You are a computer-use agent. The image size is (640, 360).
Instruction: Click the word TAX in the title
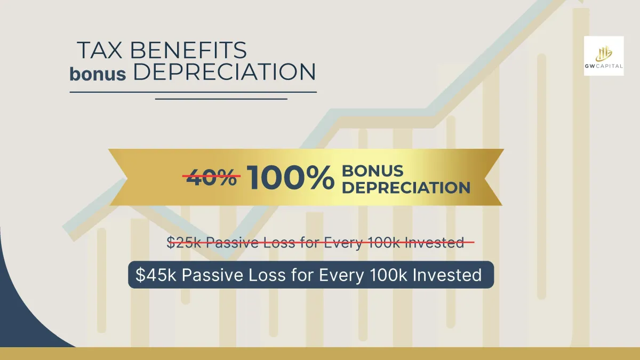(100, 50)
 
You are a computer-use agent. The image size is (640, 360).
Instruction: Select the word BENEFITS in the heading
(189, 50)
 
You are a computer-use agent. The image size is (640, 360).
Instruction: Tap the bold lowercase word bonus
(98, 74)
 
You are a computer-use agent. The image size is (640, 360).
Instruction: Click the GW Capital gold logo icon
(604, 53)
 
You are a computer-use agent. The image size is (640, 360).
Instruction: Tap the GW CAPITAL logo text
(604, 66)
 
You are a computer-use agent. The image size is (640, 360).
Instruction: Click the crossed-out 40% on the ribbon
(211, 177)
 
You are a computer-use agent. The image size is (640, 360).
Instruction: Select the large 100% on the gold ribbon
(291, 177)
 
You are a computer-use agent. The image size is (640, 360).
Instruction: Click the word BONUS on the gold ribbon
(373, 171)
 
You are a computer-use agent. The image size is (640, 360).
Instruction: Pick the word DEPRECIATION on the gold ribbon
(406, 187)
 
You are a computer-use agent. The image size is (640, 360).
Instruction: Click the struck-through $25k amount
(184, 243)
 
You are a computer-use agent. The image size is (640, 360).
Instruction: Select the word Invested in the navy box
(447, 275)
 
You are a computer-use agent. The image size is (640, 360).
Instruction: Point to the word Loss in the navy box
(267, 275)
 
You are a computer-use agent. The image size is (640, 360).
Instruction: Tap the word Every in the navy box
(341, 275)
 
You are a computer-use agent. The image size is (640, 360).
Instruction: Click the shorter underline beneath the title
(221, 99)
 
